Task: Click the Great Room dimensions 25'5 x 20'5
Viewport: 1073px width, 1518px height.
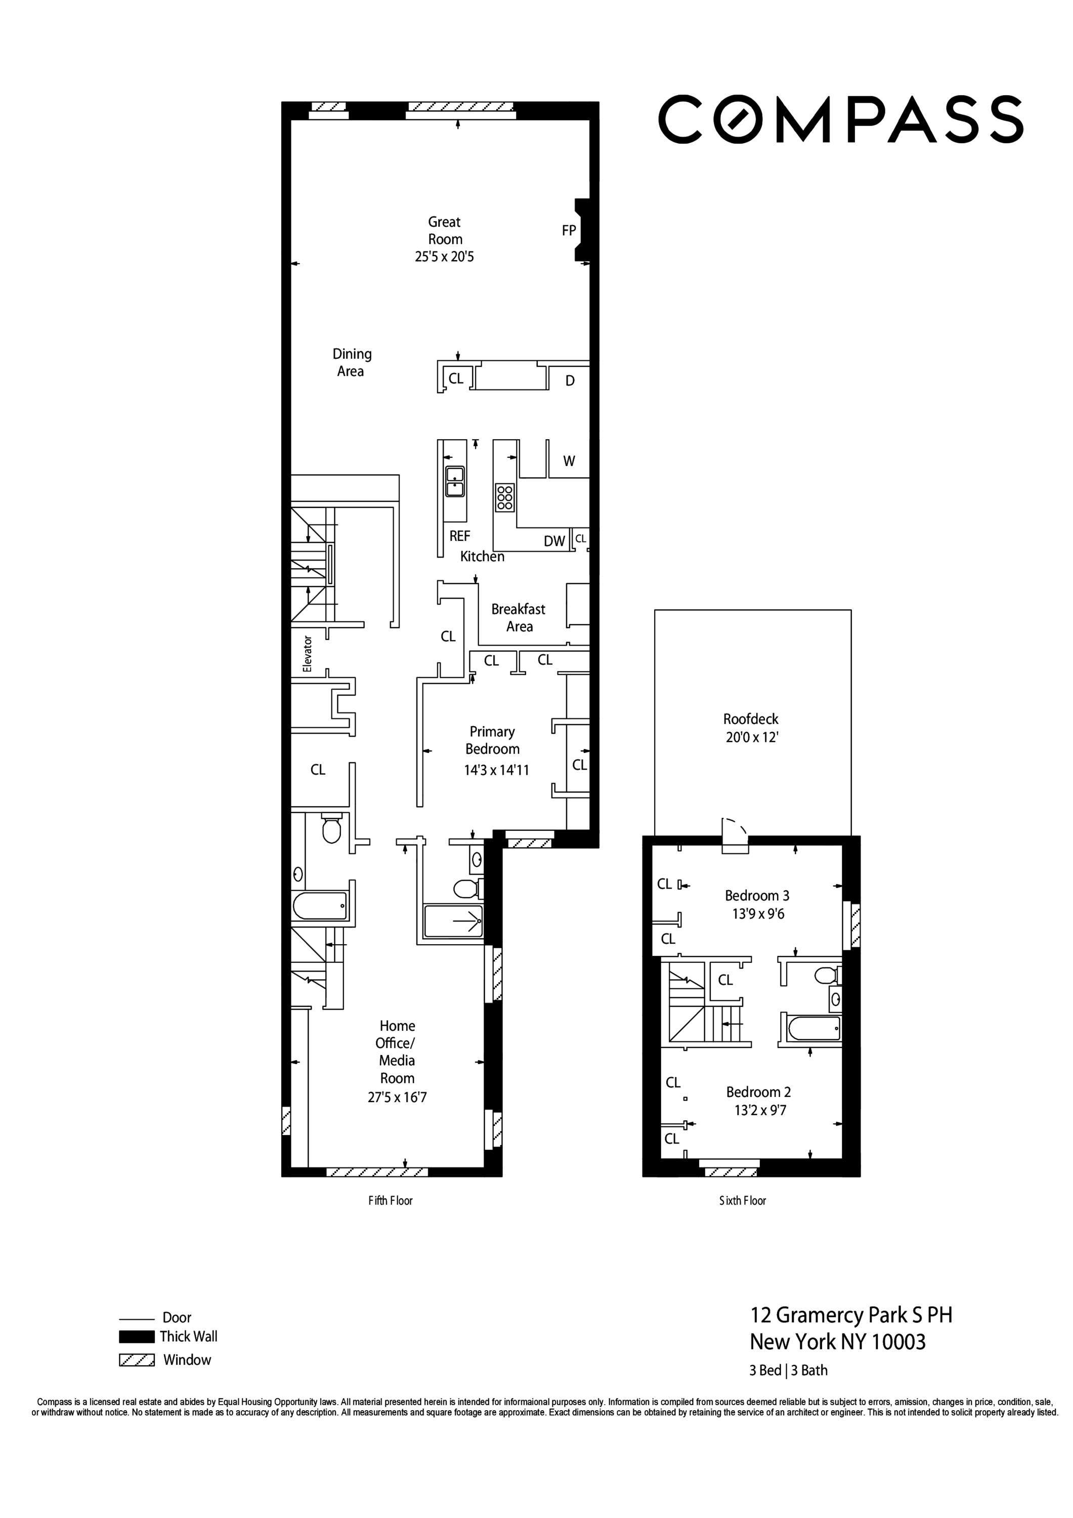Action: pyautogui.click(x=444, y=257)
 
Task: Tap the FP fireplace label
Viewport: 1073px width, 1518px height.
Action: pyautogui.click(x=569, y=231)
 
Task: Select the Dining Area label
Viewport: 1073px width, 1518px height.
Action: pyautogui.click(x=351, y=362)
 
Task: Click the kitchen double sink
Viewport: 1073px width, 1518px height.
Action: pyautogui.click(x=455, y=481)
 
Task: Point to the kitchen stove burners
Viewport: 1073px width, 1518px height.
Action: pyautogui.click(x=504, y=496)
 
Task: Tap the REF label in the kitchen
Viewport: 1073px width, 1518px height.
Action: pyautogui.click(x=459, y=536)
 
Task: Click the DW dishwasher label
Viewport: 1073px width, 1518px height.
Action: pyautogui.click(x=554, y=541)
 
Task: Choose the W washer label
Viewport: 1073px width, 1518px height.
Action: pyautogui.click(x=569, y=461)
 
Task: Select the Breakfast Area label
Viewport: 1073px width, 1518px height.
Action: pyautogui.click(x=519, y=617)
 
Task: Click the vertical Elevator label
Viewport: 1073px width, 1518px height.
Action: pyautogui.click(x=307, y=654)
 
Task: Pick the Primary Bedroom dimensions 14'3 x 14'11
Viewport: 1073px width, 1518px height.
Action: pyautogui.click(x=496, y=770)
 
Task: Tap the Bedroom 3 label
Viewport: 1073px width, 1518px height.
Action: pyautogui.click(x=756, y=895)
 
